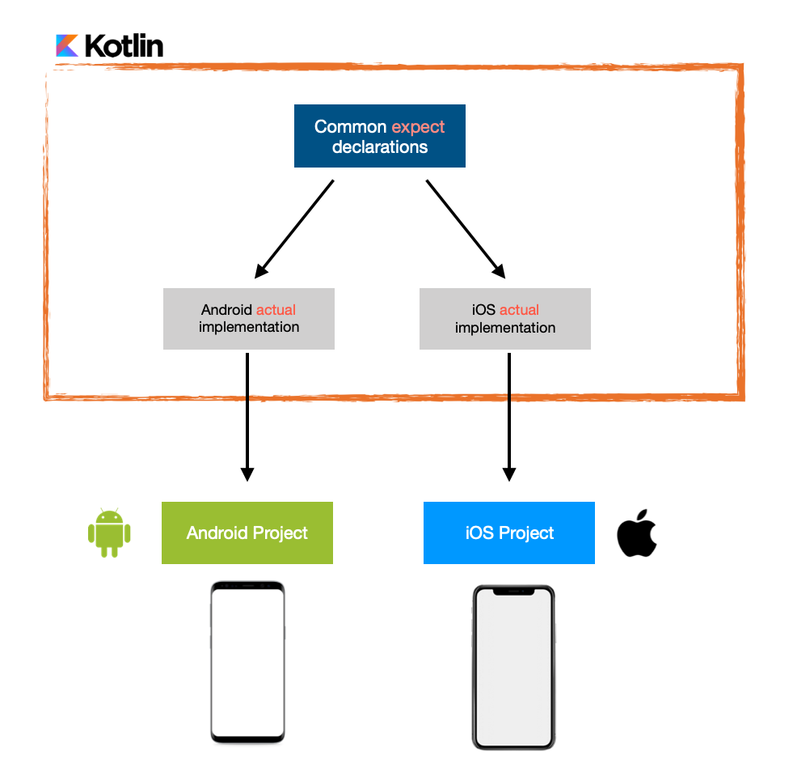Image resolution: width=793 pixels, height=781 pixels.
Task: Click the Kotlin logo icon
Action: [x=67, y=45]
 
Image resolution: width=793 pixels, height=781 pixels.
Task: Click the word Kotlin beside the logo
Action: [x=124, y=46]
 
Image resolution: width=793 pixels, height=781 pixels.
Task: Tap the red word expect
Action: [x=418, y=127]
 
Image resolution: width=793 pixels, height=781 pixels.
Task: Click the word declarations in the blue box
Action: [x=379, y=147]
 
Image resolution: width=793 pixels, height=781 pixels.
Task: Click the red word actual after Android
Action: [x=276, y=310]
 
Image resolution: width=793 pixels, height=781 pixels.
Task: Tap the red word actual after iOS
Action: [x=519, y=310]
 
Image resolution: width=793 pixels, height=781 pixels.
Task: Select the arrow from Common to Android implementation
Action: [x=294, y=227]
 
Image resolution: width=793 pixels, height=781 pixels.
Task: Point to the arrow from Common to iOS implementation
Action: [x=466, y=227]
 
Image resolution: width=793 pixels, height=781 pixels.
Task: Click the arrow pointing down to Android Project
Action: [x=247, y=416]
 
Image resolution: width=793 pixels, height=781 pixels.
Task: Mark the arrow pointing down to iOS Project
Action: [x=508, y=416]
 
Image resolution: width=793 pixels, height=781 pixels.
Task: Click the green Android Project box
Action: [x=247, y=533]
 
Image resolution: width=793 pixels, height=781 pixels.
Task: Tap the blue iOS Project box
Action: [x=508, y=533]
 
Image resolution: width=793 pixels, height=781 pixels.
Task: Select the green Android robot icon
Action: [x=109, y=533]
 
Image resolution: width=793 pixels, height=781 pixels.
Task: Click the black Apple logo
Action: [x=637, y=533]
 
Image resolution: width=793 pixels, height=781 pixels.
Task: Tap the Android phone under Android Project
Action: [x=247, y=662]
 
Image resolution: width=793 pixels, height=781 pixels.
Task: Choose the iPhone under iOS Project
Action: [x=513, y=667]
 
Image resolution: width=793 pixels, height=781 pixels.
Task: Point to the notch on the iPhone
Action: [x=513, y=592]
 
